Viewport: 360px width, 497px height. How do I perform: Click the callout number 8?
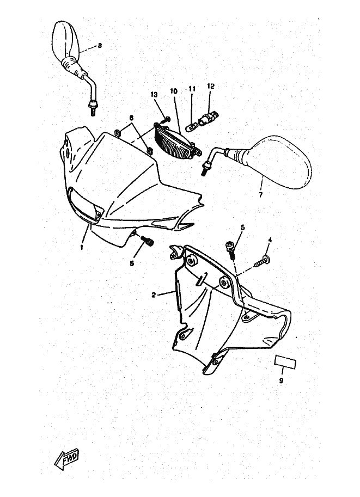(100, 46)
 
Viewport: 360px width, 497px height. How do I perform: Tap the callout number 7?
(260, 194)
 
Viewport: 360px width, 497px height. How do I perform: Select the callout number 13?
(154, 95)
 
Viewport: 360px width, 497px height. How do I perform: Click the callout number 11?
(192, 89)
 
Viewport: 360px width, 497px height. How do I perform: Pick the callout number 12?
(211, 86)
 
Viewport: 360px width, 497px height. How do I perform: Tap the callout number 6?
(131, 118)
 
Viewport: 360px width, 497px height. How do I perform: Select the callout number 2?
(154, 294)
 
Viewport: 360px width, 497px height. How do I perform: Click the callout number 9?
(281, 381)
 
